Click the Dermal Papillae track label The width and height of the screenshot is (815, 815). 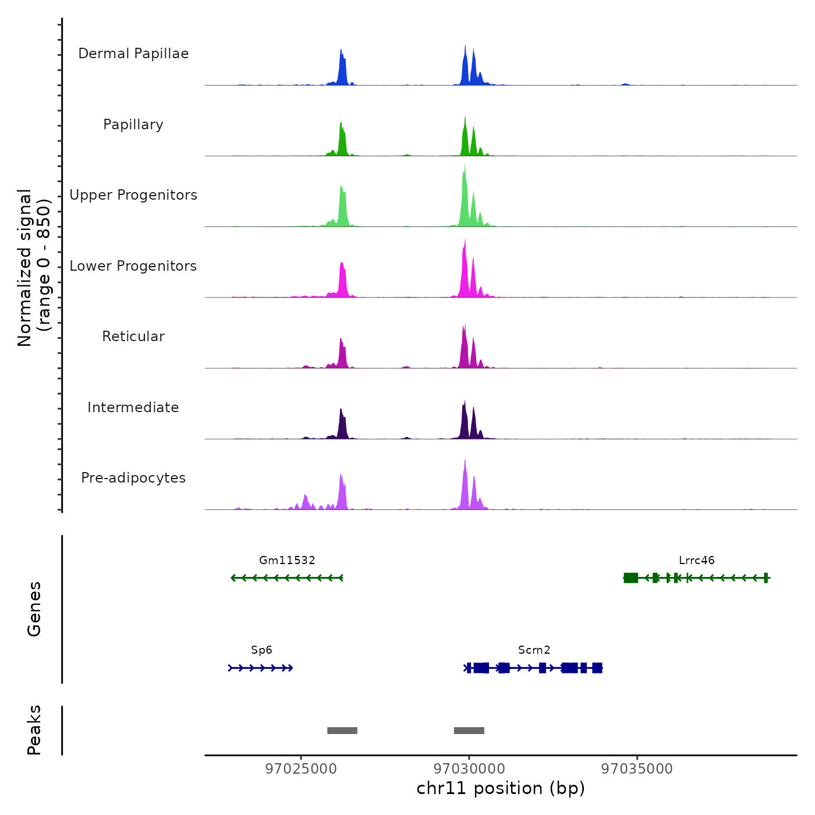[x=133, y=54]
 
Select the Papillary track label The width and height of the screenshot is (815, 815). [x=133, y=125]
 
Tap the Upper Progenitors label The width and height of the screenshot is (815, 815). [x=133, y=195]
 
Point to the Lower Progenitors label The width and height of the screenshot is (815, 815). [x=133, y=266]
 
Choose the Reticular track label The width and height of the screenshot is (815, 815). [x=133, y=336]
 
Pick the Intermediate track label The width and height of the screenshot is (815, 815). [x=133, y=408]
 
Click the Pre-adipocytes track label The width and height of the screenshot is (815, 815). [x=133, y=478]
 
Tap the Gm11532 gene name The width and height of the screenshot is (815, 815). [x=287, y=560]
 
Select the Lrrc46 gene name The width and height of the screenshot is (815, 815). [x=696, y=560]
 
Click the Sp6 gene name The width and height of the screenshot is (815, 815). [x=261, y=650]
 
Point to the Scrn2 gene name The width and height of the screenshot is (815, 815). [x=534, y=650]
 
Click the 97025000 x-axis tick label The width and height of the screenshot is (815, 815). [x=301, y=769]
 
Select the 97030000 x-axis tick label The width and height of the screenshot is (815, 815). [x=469, y=769]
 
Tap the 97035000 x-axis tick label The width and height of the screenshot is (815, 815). [x=637, y=769]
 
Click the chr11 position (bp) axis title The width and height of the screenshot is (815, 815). [x=501, y=788]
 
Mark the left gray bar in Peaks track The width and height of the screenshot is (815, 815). [x=342, y=731]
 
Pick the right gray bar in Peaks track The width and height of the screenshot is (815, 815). [x=469, y=731]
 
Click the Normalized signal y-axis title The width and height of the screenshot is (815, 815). [x=34, y=268]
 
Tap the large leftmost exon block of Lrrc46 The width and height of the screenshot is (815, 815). [x=630, y=577]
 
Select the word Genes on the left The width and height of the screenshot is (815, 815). [x=34, y=609]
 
